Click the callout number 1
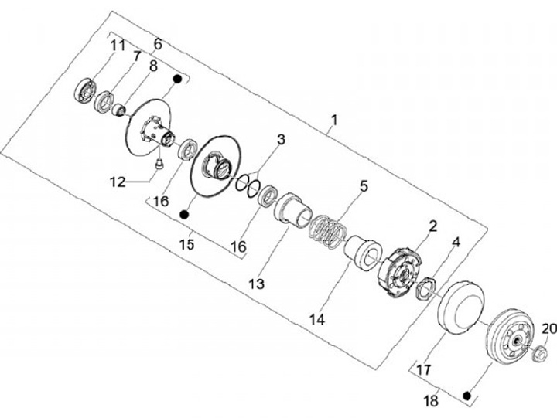(333, 121)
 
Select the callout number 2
(432, 226)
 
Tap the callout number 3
(281, 140)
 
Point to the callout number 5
(363, 186)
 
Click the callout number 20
(548, 329)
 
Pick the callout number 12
(117, 182)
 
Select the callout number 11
(116, 46)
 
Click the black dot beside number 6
(178, 79)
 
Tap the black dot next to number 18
(466, 395)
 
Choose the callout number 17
(424, 370)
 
